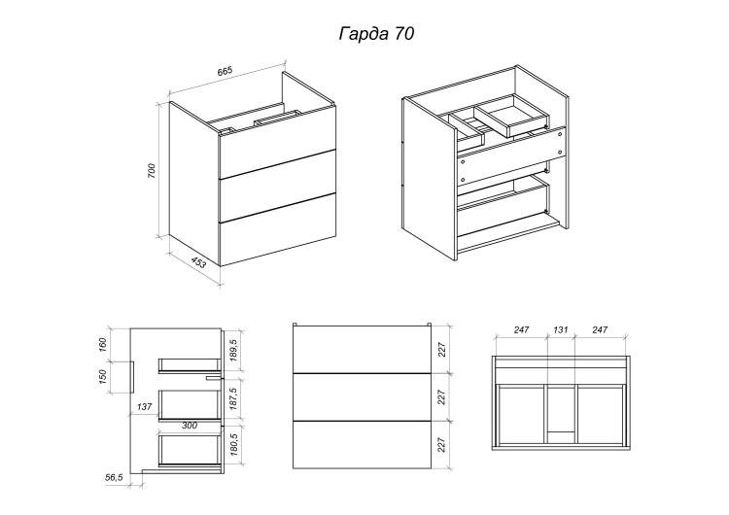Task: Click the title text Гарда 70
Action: [376, 34]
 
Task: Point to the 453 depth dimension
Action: [198, 263]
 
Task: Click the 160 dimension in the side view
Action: [103, 344]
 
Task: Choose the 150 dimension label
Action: [103, 376]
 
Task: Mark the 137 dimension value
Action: [145, 407]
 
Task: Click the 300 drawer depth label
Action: [190, 426]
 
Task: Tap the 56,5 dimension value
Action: [115, 477]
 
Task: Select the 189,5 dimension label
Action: [233, 350]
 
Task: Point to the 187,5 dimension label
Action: [233, 398]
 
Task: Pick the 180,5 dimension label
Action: [233, 444]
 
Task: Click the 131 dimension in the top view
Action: [561, 329]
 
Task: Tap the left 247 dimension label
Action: [522, 329]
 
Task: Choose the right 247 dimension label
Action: [600, 329]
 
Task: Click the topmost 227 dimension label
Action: [441, 350]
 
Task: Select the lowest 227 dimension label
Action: [441, 444]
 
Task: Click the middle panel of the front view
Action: [363, 397]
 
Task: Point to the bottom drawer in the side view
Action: [190, 450]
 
